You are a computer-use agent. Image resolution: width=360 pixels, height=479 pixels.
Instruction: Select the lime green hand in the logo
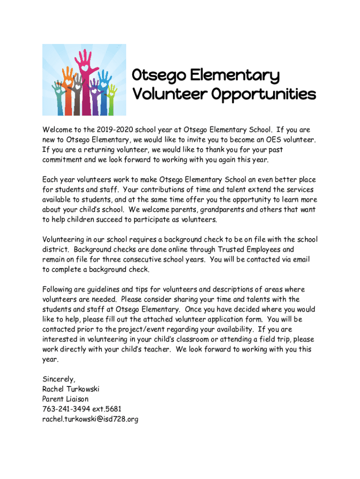point(111,96)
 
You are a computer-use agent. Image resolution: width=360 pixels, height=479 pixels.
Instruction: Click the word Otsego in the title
point(155,75)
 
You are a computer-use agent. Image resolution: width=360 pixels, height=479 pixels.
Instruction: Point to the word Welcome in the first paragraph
point(57,130)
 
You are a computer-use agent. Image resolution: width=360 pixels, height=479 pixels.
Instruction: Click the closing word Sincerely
point(58,379)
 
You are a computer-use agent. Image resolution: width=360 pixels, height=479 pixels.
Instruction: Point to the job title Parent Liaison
point(65,399)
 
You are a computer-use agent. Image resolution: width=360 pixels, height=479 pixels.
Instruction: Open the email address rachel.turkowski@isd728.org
point(90,420)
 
